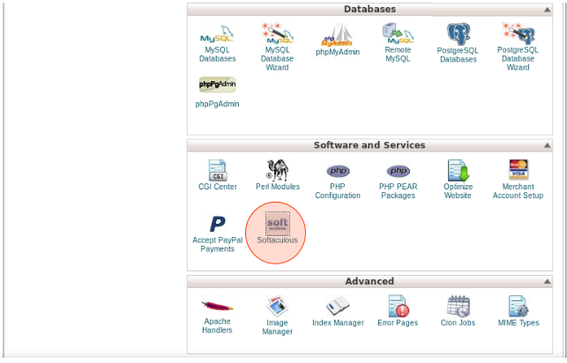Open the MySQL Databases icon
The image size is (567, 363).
(217, 36)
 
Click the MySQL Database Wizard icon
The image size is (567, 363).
(277, 35)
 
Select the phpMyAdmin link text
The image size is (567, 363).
(338, 52)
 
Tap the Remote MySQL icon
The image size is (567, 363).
(398, 34)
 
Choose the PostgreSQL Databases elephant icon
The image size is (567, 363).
(458, 35)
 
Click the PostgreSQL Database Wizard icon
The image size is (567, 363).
(518, 35)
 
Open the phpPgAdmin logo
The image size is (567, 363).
(217, 85)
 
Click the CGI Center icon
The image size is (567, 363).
(217, 169)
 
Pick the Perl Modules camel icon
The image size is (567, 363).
(277, 169)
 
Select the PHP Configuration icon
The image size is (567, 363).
(338, 170)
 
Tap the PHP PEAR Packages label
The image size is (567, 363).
(398, 191)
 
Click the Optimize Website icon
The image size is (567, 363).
(458, 169)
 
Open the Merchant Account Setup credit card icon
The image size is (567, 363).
(518, 169)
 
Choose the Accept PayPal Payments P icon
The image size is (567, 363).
(217, 223)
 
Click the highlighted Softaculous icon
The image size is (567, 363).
(277, 223)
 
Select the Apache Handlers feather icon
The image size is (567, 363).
(217, 306)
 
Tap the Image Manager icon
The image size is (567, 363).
(277, 306)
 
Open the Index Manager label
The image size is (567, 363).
(338, 323)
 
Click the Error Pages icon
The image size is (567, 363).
(398, 306)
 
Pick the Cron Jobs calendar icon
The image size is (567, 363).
(458, 306)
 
